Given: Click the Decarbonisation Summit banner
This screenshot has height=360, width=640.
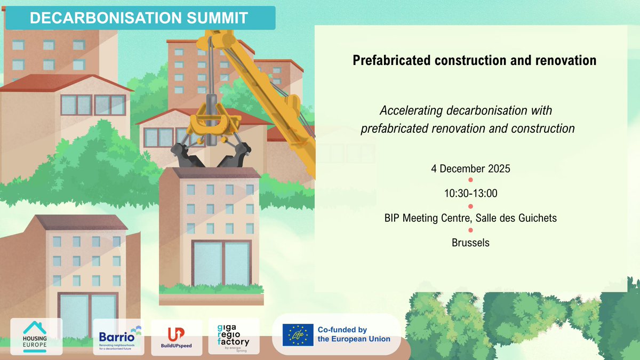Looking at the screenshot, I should click(x=139, y=18).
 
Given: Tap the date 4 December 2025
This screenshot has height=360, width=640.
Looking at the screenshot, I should click(x=470, y=169).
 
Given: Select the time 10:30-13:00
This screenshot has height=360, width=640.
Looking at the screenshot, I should click(x=470, y=193).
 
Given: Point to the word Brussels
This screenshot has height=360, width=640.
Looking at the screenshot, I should click(x=470, y=242).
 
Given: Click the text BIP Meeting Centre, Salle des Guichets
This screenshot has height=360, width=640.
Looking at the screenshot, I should click(x=470, y=218).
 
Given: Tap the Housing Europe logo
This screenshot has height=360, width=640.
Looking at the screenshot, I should click(x=37, y=336).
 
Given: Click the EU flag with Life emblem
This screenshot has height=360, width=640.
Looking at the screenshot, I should click(x=298, y=334).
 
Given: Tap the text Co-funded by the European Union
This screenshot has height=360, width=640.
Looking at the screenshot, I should click(x=354, y=334).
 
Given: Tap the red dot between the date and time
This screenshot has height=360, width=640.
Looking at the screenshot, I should click(x=470, y=181).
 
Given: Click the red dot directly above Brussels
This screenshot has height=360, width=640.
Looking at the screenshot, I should click(x=470, y=230).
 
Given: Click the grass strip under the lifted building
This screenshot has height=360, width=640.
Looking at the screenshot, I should click(x=211, y=290).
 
